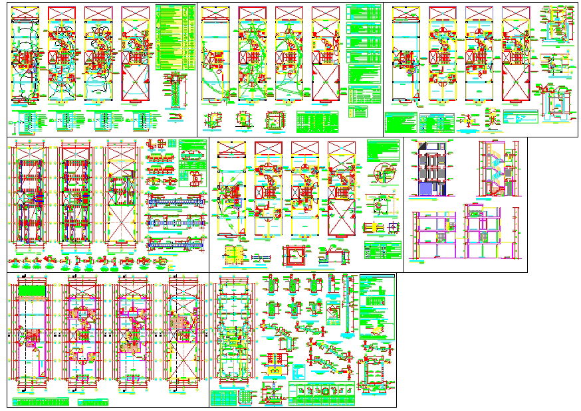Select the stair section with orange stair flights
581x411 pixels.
coord(496,169)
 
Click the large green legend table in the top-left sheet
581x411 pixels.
coord(176,37)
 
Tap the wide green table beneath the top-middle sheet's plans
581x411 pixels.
coord(317,120)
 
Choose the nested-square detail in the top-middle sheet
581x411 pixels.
coord(274,120)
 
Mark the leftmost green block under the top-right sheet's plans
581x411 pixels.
coord(401,122)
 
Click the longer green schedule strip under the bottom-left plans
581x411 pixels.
coord(41,401)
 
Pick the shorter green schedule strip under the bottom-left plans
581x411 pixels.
coord(92,401)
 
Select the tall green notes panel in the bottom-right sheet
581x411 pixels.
coord(377,307)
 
